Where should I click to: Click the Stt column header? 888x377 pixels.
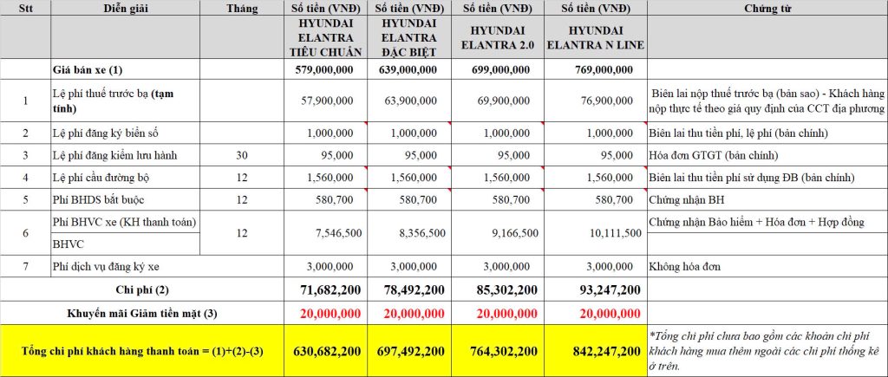[25, 9]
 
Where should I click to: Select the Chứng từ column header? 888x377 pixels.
[767, 9]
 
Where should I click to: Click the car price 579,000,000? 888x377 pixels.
[324, 70]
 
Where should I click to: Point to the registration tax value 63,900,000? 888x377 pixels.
[410, 101]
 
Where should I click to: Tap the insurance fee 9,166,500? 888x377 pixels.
[506, 232]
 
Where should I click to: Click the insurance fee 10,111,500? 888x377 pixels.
[614, 232]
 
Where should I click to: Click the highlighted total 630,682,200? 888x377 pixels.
[327, 352]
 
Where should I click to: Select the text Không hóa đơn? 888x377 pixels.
[685, 266]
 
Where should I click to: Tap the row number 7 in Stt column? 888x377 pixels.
[25, 266]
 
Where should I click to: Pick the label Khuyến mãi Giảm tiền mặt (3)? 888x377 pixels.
[142, 313]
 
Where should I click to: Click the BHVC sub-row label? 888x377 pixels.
[68, 244]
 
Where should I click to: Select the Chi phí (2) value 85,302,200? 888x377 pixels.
[504, 290]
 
